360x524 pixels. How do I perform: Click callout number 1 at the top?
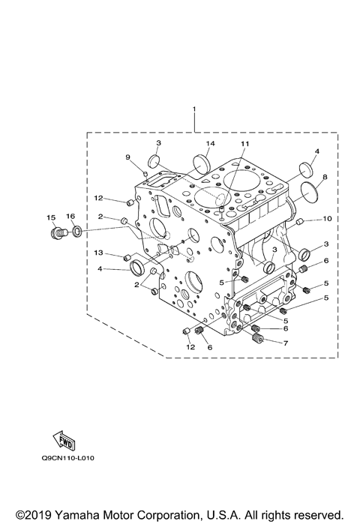194,110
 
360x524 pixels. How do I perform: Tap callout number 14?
211,143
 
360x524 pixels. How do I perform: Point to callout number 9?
127,157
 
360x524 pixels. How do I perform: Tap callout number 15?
51,217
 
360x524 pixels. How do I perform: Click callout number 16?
71,217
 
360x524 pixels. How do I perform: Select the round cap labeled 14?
202,162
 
